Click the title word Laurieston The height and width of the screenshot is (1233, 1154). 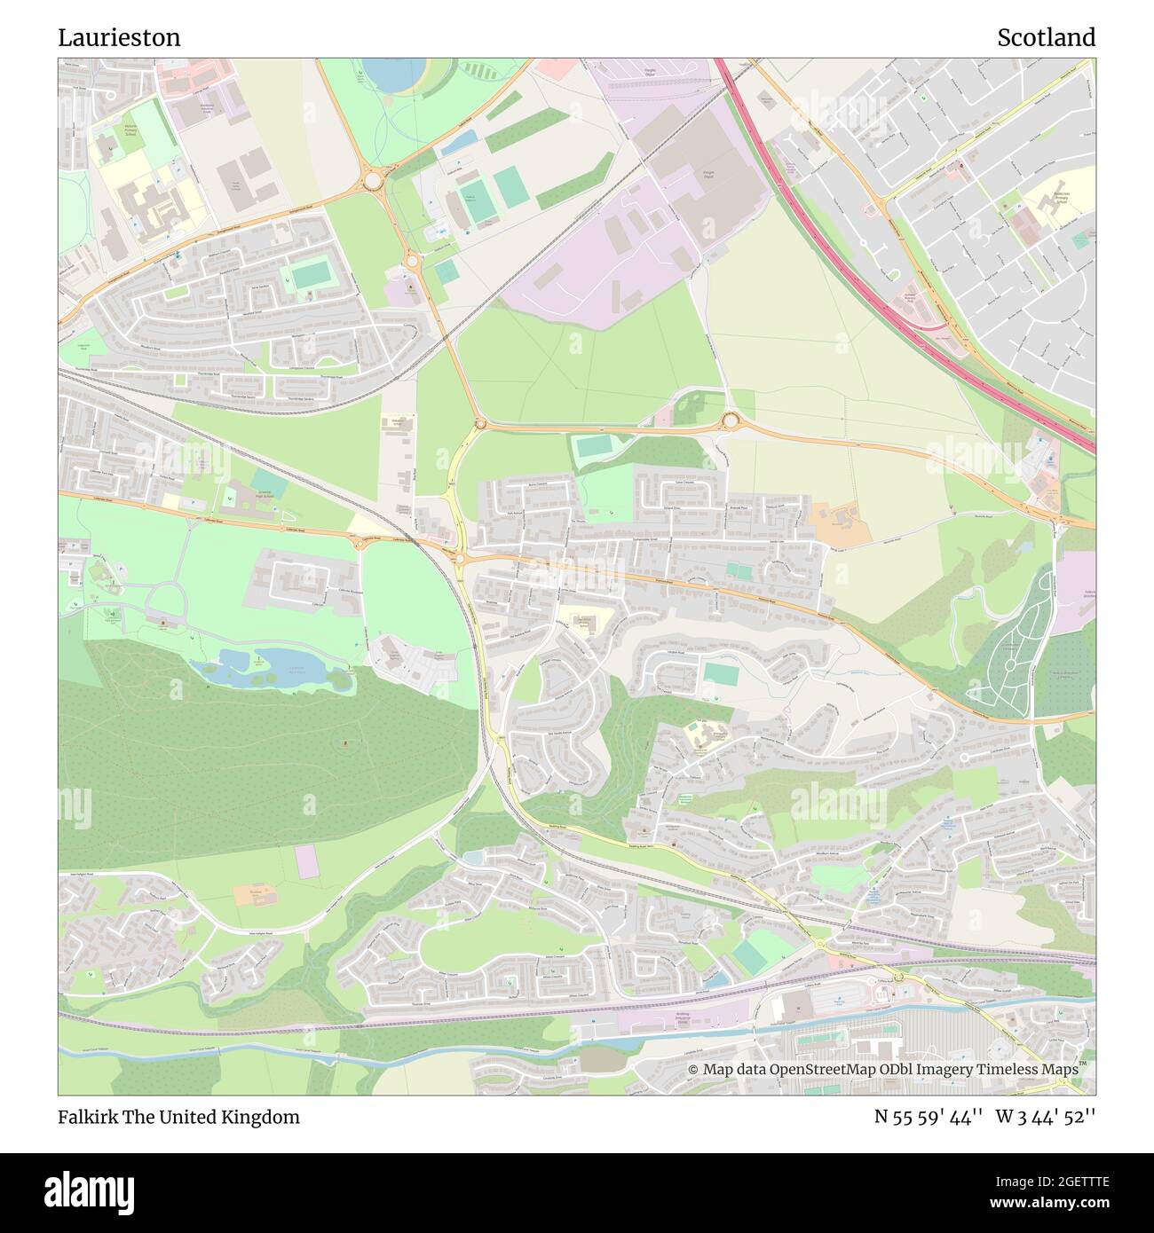tap(119, 37)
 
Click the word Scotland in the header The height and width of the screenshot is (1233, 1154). tap(1046, 37)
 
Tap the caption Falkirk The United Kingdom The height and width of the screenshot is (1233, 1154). tap(178, 1117)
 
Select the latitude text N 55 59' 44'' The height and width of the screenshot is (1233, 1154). tap(928, 1117)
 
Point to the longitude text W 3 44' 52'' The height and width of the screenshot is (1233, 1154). tap(1046, 1117)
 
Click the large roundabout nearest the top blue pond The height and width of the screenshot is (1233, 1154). tap(371, 181)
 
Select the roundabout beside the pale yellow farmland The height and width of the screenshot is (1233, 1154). tap(731, 420)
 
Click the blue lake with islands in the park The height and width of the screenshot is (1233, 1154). tap(266, 667)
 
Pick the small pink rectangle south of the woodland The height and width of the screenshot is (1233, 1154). tap(305, 861)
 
